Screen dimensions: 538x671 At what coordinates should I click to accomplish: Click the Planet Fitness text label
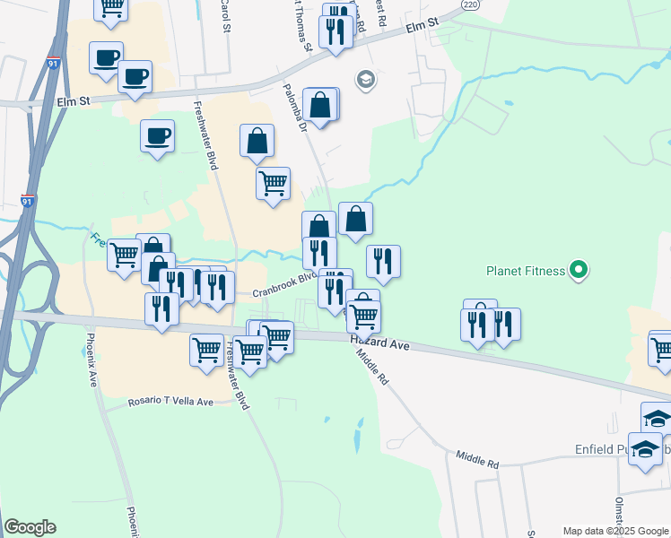click(526, 270)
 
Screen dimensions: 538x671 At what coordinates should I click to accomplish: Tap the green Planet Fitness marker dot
click(579, 269)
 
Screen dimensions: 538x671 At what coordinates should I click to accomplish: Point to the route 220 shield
click(471, 4)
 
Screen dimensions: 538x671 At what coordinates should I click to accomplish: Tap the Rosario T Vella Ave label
click(170, 402)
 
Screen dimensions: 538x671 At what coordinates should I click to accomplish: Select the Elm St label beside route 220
click(420, 28)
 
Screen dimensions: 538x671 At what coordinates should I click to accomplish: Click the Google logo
click(30, 527)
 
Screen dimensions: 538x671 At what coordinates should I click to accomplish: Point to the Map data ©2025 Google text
click(614, 531)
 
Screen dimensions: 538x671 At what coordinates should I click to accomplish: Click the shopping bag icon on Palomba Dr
click(320, 105)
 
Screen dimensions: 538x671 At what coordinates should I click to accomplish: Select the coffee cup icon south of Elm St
click(157, 135)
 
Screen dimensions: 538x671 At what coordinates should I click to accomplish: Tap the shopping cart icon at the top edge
click(111, 8)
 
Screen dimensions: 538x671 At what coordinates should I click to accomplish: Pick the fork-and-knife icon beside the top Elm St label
click(335, 31)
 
